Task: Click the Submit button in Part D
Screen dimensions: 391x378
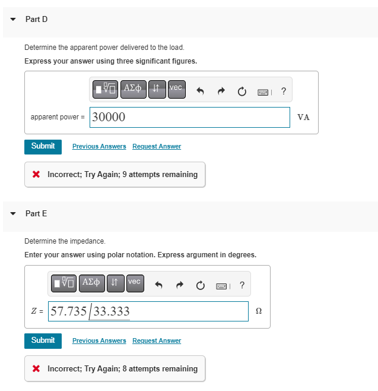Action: click(43, 146)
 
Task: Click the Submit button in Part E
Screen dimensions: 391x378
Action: click(43, 340)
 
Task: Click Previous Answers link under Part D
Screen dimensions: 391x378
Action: click(99, 146)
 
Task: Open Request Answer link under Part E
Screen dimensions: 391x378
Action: click(157, 340)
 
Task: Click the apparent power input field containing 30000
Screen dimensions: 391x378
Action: click(190, 117)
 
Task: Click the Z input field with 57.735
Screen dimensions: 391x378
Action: click(148, 311)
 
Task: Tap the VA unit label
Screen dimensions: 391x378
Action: click(303, 117)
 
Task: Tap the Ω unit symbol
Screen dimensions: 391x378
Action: click(258, 311)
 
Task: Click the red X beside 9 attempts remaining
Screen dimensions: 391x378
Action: click(36, 175)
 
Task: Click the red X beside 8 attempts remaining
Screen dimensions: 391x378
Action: click(36, 369)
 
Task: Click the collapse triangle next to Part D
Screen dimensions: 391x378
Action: click(13, 20)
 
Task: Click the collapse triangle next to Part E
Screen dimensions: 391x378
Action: click(13, 213)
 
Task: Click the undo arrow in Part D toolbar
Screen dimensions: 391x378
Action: click(200, 91)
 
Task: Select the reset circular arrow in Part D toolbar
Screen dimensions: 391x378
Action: click(242, 91)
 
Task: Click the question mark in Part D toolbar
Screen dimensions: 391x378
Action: click(284, 91)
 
